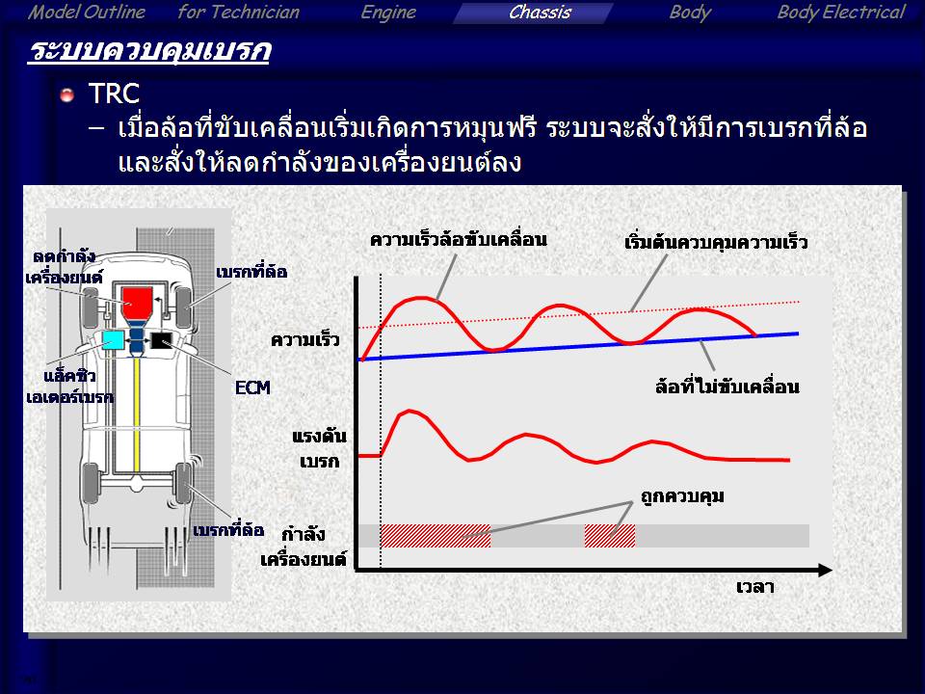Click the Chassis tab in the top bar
point(540,13)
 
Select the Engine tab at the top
point(388,13)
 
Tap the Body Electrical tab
point(840,13)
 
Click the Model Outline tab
point(86,13)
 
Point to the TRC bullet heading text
point(114,93)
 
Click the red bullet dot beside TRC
point(67,94)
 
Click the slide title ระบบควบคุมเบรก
point(149,50)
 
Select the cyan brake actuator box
point(113,341)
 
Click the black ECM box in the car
point(161,341)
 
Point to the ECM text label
point(252,387)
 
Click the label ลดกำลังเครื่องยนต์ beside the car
point(64,267)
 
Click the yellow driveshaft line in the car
point(136,414)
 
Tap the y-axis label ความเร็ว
point(305,340)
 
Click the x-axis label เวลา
point(755,587)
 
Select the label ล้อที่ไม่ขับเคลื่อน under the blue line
point(727,386)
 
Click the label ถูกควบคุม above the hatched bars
point(682,495)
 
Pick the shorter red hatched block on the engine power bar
point(610,536)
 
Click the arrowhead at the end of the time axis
point(826,570)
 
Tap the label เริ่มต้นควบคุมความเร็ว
point(716,243)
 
